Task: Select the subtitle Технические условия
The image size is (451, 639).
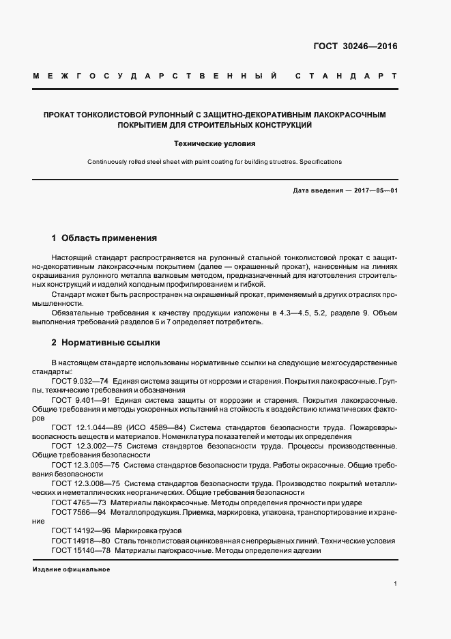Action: click(x=214, y=144)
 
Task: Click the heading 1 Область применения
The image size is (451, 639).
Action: click(x=104, y=238)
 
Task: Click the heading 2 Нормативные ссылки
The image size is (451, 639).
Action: click(x=106, y=342)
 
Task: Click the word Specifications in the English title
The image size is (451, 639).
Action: click(x=320, y=162)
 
